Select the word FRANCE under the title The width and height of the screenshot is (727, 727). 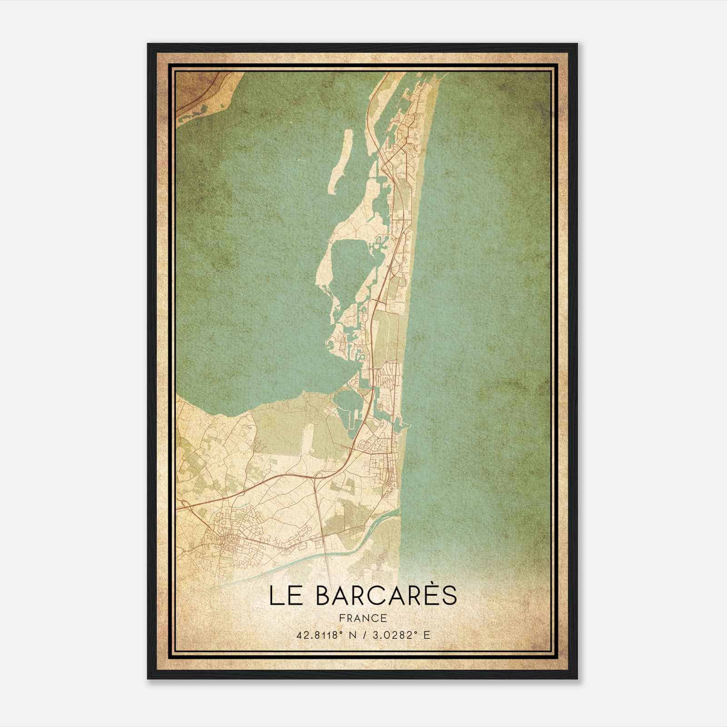[363, 618]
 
